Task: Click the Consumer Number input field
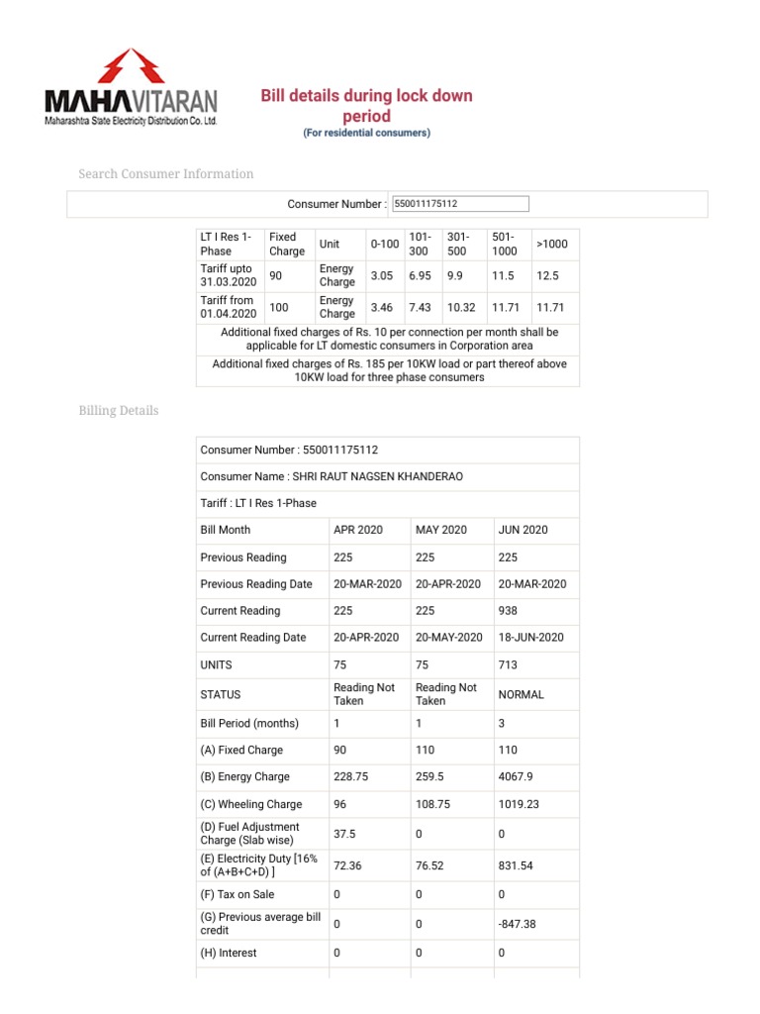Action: coord(460,204)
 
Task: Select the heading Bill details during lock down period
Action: coord(366,106)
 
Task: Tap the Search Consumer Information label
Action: coord(165,174)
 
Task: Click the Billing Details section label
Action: coord(118,410)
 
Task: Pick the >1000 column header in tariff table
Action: coord(551,244)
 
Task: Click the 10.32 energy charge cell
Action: coord(461,307)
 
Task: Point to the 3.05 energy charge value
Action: coord(382,275)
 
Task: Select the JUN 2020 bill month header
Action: coord(522,530)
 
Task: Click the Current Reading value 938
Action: coord(509,611)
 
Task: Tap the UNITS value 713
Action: coord(508,664)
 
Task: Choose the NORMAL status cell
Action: coord(521,694)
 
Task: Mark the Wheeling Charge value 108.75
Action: coord(432,804)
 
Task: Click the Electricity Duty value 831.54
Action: coord(518,864)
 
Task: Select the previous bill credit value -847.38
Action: coord(520,923)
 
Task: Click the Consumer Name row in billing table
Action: coord(331,476)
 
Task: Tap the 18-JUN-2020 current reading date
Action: coord(530,638)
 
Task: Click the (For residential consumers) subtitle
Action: coord(366,133)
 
